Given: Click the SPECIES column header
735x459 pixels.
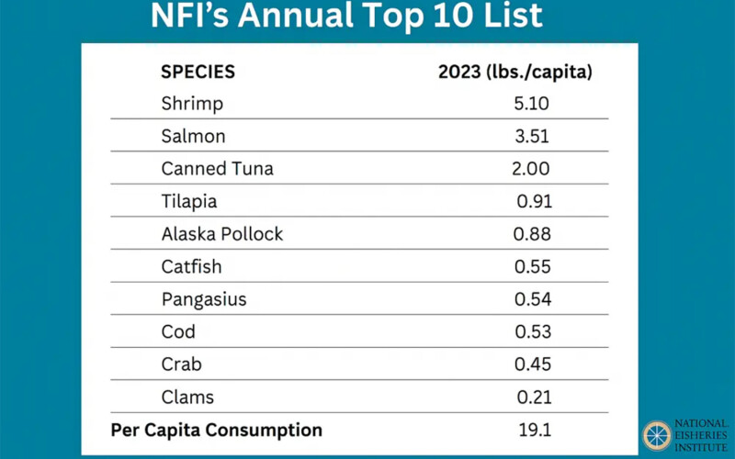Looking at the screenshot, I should point(198,73).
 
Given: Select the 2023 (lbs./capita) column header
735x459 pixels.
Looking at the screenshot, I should point(514,73).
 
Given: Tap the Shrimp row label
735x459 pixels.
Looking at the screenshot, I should point(192,104).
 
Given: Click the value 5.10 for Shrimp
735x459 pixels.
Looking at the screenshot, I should point(532,104).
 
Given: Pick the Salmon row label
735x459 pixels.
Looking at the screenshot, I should point(193,137).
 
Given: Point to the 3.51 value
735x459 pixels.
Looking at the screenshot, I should point(532,137).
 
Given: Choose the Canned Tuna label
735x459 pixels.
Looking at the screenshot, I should point(217,169).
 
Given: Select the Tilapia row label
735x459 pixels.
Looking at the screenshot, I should point(189,202).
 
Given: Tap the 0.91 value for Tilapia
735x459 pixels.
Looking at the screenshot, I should point(534,202).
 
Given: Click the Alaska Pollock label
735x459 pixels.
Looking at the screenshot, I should point(222,234).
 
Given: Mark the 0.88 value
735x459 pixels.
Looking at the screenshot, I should point(532,234).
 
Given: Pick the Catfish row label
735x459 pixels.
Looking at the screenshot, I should point(191,267).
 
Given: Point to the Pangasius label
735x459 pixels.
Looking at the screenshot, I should point(204,299).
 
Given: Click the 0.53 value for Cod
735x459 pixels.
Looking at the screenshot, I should point(532,332).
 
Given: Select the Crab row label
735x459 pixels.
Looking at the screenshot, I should point(181,364).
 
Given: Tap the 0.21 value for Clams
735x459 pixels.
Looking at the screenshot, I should point(532,397).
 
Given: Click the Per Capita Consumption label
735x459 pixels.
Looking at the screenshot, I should point(217,430).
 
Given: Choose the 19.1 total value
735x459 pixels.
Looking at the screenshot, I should point(532,430).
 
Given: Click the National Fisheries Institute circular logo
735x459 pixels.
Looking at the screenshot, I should point(657,435).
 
